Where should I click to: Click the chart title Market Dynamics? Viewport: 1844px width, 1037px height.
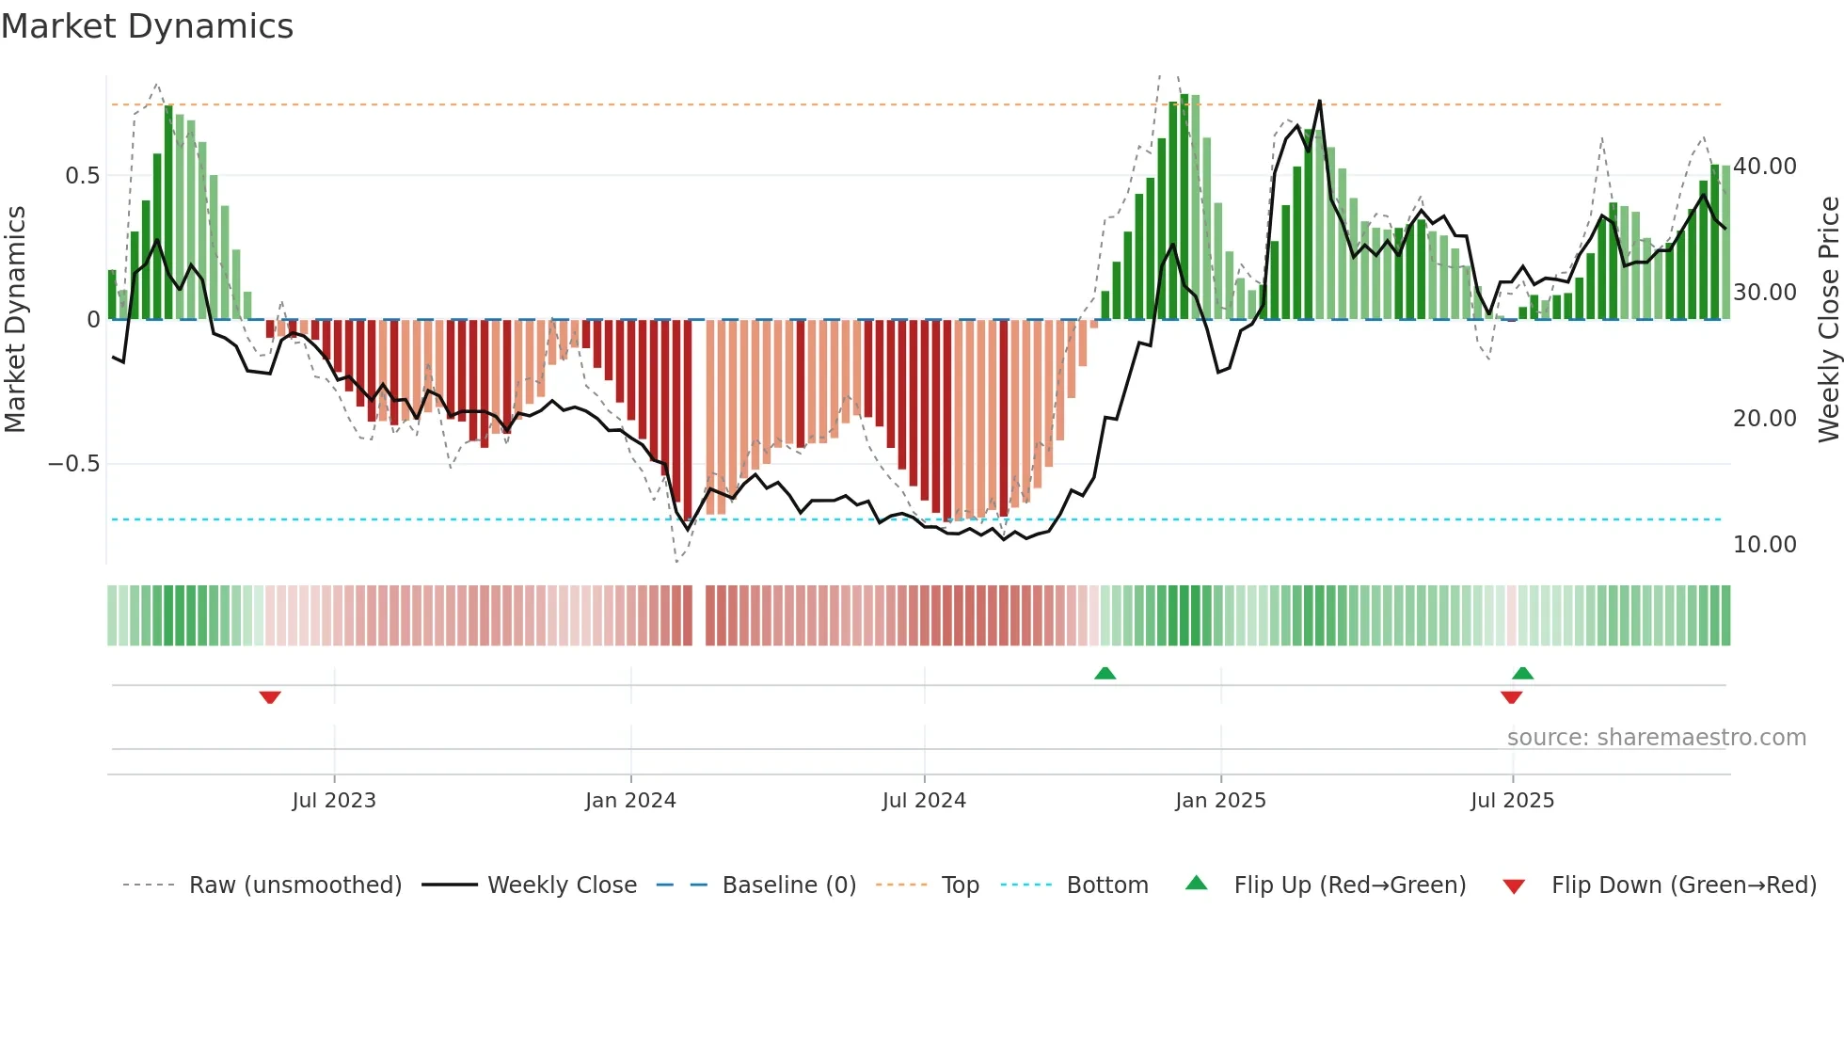[x=147, y=26]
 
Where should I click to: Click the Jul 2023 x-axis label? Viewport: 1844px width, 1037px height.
[x=334, y=800]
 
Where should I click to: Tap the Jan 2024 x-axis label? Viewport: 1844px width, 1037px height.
[x=630, y=800]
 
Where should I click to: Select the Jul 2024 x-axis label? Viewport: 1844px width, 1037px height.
[x=924, y=800]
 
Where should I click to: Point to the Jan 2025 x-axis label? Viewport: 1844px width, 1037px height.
[x=1220, y=800]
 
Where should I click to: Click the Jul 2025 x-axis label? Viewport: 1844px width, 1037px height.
[x=1512, y=800]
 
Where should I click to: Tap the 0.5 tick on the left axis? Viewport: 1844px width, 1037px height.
[x=83, y=176]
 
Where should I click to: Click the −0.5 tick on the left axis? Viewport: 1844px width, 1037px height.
[x=74, y=464]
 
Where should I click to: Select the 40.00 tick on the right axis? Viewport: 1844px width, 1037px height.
[x=1765, y=167]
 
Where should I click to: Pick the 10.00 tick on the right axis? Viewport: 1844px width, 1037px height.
[x=1765, y=545]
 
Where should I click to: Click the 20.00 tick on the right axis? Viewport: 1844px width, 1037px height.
[x=1765, y=419]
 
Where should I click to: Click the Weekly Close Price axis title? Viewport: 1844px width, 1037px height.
[x=1828, y=319]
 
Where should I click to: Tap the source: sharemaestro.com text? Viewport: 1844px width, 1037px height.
[x=1656, y=738]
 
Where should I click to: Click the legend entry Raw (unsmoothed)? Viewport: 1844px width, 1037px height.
[x=295, y=885]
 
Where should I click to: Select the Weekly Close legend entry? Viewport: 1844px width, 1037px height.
[x=562, y=885]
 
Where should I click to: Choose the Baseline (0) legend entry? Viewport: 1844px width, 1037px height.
[x=788, y=885]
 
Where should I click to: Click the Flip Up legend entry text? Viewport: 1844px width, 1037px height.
[x=1349, y=885]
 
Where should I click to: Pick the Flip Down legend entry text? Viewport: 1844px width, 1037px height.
[x=1683, y=885]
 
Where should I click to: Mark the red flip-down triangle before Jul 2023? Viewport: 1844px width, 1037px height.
[x=270, y=697]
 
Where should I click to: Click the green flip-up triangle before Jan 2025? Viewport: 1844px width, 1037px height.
[x=1105, y=673]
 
